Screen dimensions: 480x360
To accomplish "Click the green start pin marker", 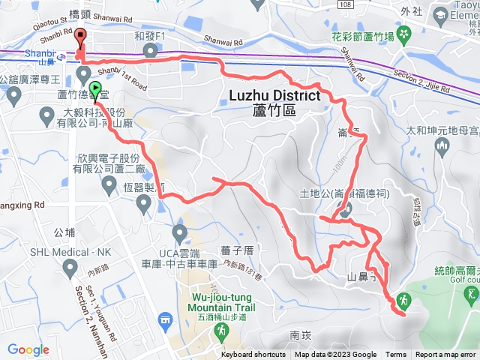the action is tap(95, 90).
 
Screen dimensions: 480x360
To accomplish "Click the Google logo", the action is tap(28, 349).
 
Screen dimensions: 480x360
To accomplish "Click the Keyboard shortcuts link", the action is tap(253, 355).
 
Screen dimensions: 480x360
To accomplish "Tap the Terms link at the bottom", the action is tap(396, 355).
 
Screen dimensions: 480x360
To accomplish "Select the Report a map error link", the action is tap(447, 355).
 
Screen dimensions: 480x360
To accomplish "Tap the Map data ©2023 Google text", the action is tap(335, 355).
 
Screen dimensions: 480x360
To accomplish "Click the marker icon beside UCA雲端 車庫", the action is tap(179, 232).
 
